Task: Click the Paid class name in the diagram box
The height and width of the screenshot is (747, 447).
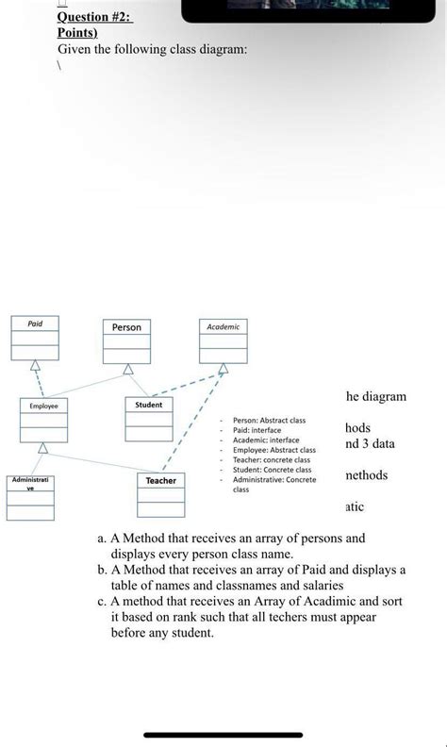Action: point(34,324)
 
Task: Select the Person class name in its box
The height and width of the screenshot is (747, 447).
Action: point(126,327)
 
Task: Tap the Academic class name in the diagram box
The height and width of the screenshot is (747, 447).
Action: point(223,326)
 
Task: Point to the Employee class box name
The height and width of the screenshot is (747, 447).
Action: point(42,406)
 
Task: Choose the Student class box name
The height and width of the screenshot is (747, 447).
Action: point(149,405)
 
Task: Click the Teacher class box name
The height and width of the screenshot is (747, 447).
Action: point(160,480)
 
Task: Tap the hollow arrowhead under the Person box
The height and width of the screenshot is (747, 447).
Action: point(127,370)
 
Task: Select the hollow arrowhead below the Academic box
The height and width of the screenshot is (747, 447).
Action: point(223,369)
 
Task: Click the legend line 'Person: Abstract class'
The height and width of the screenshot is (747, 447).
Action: point(269,420)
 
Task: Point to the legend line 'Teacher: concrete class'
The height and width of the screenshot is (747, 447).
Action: point(272,459)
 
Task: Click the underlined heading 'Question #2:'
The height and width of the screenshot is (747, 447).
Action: point(94,17)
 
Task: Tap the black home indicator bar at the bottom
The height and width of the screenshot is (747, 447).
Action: point(223,735)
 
